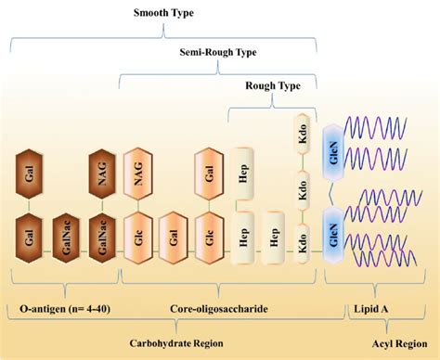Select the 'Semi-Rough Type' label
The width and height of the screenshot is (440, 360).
218,53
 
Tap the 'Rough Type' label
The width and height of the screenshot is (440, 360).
271,86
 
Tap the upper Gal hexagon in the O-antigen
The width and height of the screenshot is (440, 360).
32,174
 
